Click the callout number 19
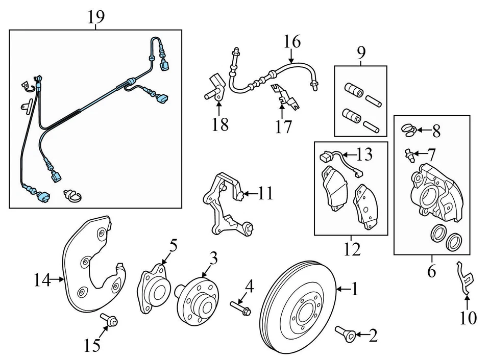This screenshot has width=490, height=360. point(95,17)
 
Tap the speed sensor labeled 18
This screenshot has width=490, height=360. point(215,87)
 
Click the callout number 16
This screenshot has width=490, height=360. point(292,41)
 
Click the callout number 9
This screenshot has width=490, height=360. point(361,53)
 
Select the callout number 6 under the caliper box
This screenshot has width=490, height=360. point(431,271)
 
